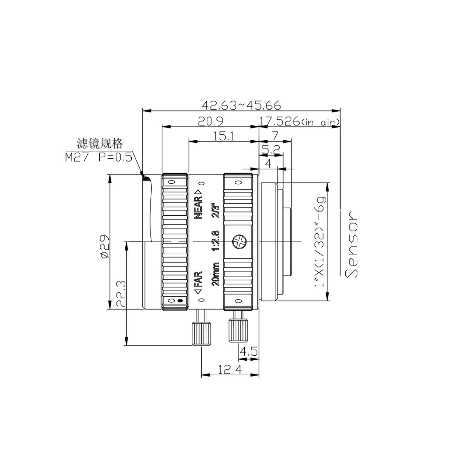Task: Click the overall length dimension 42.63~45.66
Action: tap(241, 105)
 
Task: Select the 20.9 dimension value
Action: tap(210, 121)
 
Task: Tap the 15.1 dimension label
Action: tap(223, 136)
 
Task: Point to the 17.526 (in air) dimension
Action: tap(299, 121)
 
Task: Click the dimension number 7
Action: tap(275, 136)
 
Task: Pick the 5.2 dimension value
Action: tap(271, 150)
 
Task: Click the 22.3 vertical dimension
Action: tap(121, 294)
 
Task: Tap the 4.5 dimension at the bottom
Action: tap(249, 351)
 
